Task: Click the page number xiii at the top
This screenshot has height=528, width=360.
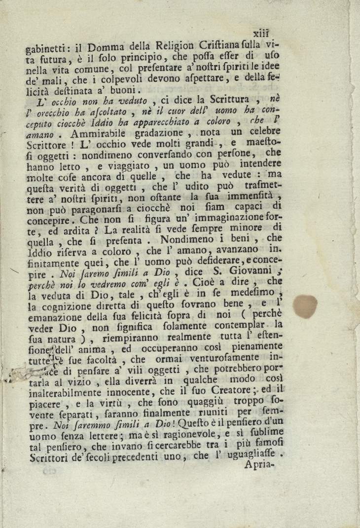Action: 260,34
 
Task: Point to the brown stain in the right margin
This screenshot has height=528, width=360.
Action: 306,306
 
